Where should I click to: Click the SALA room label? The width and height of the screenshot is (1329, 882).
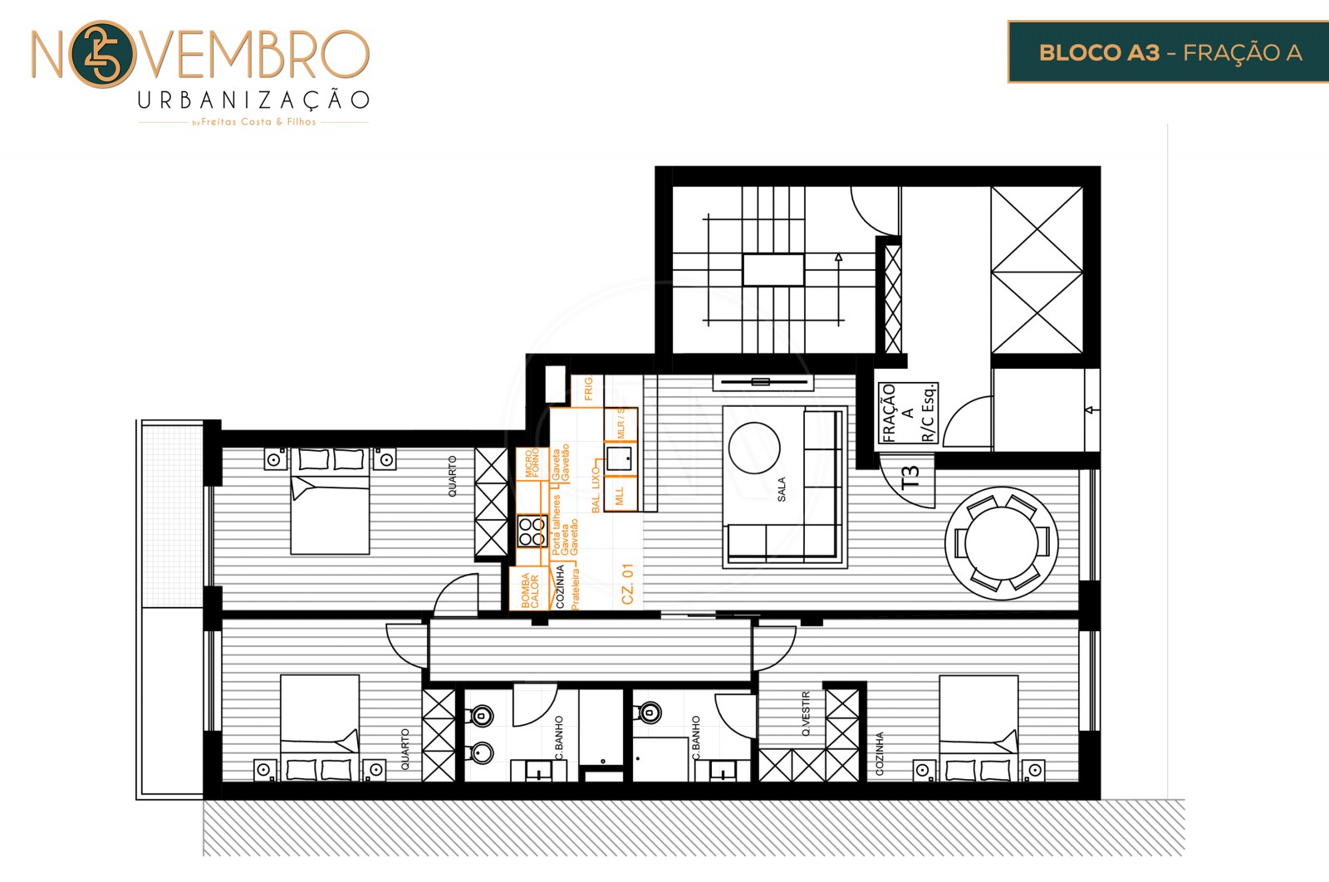pyautogui.click(x=782, y=489)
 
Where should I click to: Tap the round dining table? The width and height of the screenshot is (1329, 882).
pyautogui.click(x=1002, y=542)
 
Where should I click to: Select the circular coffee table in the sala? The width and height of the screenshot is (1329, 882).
pyautogui.click(x=754, y=448)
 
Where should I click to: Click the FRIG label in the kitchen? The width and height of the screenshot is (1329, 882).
pyautogui.click(x=588, y=389)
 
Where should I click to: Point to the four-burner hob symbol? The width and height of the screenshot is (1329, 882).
pyautogui.click(x=532, y=531)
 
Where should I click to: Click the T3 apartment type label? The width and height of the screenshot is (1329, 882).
pyautogui.click(x=910, y=476)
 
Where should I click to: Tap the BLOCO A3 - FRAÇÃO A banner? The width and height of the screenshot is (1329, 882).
pyautogui.click(x=1169, y=52)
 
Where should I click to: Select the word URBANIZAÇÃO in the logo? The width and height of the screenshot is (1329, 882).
pyautogui.click(x=253, y=100)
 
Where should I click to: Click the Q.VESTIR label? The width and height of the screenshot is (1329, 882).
pyautogui.click(x=806, y=713)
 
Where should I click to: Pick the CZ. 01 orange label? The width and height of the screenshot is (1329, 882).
pyautogui.click(x=627, y=584)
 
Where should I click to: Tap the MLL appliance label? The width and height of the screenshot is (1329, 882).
pyautogui.click(x=620, y=496)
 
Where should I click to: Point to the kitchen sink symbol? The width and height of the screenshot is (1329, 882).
pyautogui.click(x=619, y=458)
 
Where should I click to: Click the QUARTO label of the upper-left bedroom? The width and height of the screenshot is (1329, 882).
pyautogui.click(x=453, y=476)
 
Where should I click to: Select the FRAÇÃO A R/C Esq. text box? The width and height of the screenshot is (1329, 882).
pyautogui.click(x=909, y=413)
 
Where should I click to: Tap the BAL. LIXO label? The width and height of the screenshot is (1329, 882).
pyautogui.click(x=596, y=489)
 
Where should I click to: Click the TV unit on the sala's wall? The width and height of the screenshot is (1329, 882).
pyautogui.click(x=761, y=382)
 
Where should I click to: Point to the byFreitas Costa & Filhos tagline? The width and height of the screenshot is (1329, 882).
pyautogui.click(x=254, y=122)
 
